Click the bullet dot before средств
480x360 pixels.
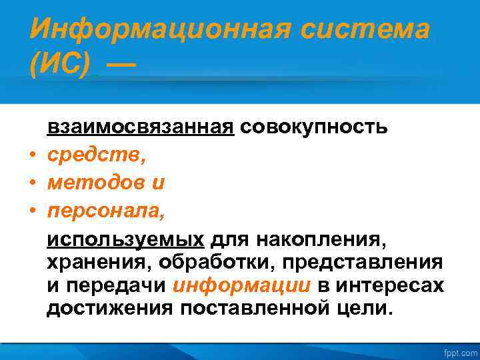point(32,156)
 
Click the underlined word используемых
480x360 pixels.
point(125,239)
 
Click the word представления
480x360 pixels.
point(362,263)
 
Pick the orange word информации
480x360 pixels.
point(241,287)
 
